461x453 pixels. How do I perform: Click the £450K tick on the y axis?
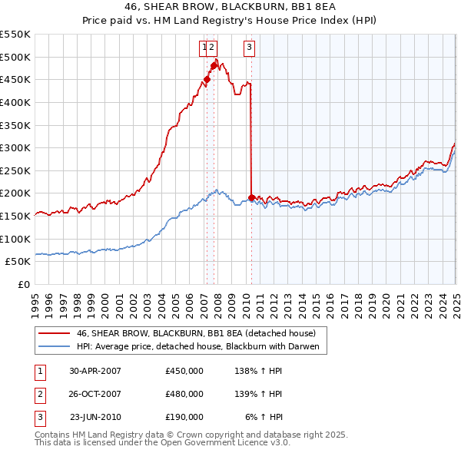(x=15, y=79)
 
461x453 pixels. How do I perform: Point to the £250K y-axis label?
(x=15, y=170)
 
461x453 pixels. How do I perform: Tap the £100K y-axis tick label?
(x=15, y=239)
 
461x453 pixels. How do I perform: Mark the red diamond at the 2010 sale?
(x=252, y=197)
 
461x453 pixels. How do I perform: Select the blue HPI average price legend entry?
(x=202, y=347)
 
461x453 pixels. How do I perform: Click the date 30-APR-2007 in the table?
(x=95, y=371)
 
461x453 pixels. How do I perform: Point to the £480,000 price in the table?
(x=184, y=394)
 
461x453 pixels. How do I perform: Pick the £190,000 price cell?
(x=184, y=417)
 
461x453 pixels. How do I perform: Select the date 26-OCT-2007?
(x=95, y=394)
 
